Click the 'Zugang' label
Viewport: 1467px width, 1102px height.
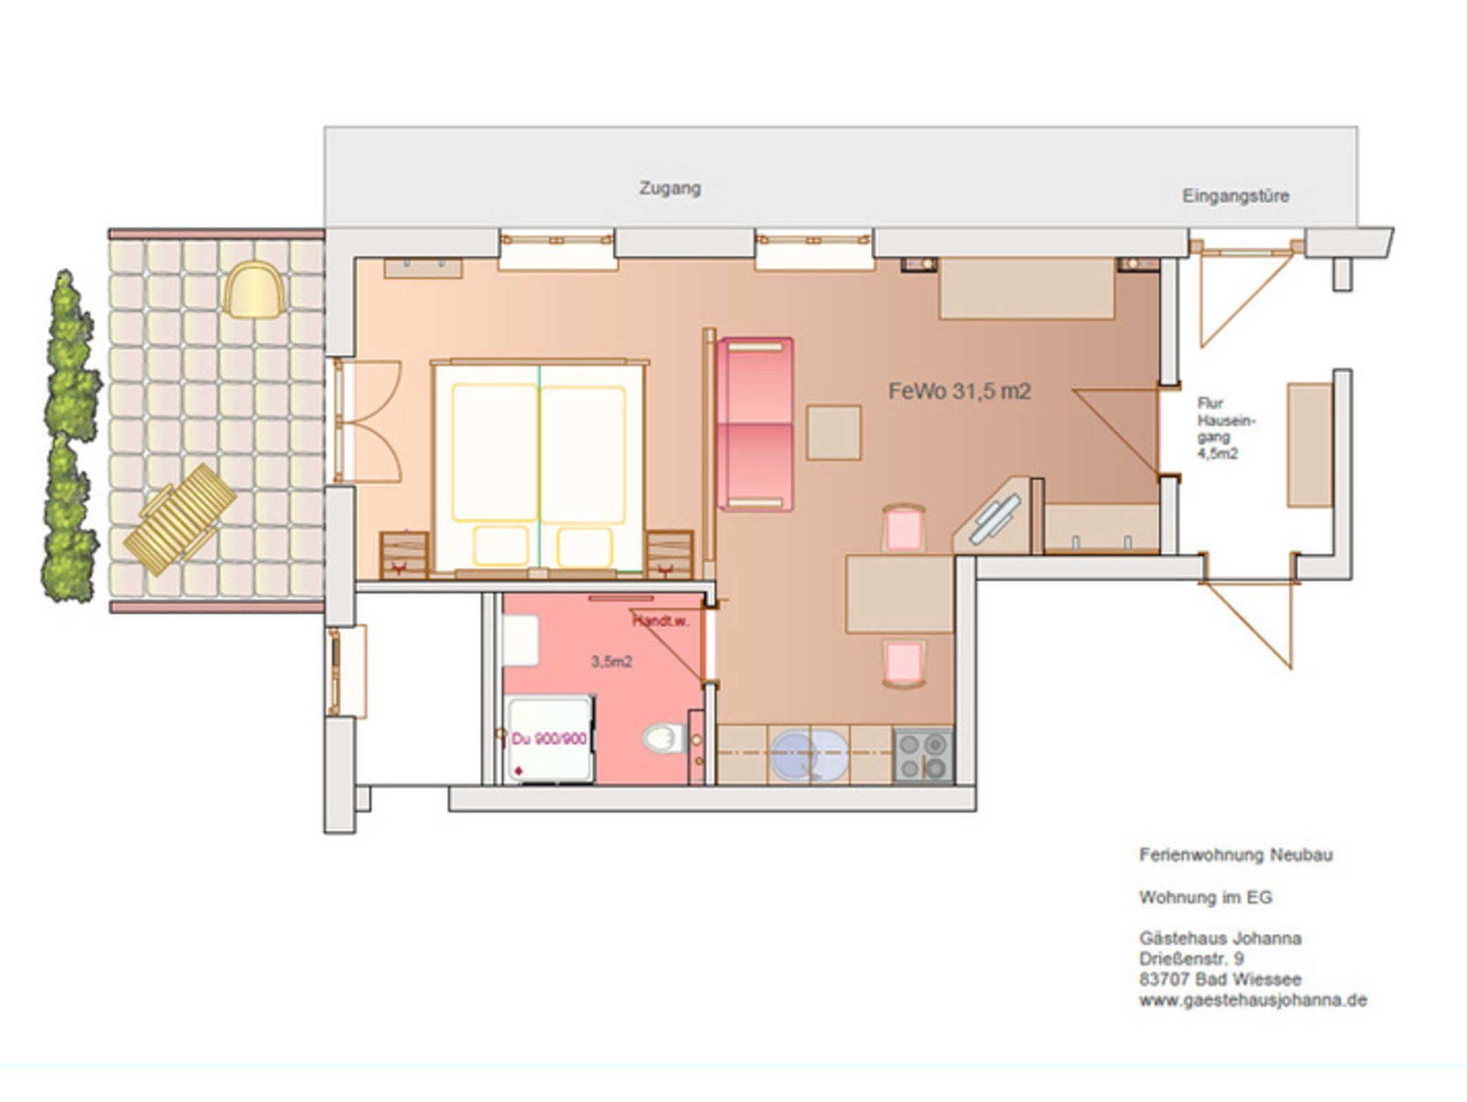pos(670,188)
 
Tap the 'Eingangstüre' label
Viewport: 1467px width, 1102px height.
pos(1236,196)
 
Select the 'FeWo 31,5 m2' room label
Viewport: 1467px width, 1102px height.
pos(960,391)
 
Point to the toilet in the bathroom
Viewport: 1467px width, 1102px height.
pos(665,739)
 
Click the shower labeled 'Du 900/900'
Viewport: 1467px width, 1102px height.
pos(549,739)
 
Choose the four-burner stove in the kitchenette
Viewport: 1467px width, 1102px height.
pos(923,755)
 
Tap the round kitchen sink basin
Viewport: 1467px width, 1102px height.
pos(809,755)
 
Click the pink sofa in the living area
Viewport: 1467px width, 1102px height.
pos(755,424)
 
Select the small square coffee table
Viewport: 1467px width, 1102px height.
pos(834,432)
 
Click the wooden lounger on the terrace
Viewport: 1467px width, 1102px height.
pos(180,519)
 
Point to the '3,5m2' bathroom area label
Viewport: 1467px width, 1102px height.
pos(611,662)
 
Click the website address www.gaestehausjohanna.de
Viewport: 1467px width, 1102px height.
pos(1253,1000)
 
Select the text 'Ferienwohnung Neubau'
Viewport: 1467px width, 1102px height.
pos(1236,855)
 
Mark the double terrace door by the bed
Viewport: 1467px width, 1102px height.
pos(367,421)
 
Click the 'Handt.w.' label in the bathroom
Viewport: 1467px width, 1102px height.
pos(660,622)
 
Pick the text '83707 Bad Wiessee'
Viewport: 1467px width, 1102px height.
pos(1221,979)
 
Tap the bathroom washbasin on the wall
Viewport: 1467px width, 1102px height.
pos(521,641)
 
